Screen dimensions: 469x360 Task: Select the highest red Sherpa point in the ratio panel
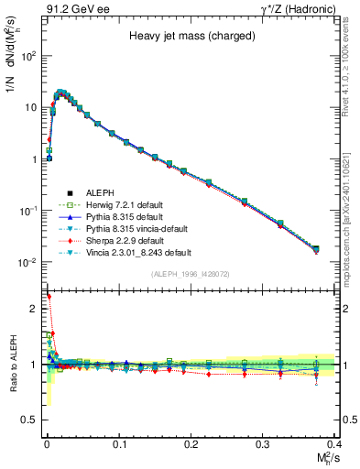[x=49, y=297]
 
